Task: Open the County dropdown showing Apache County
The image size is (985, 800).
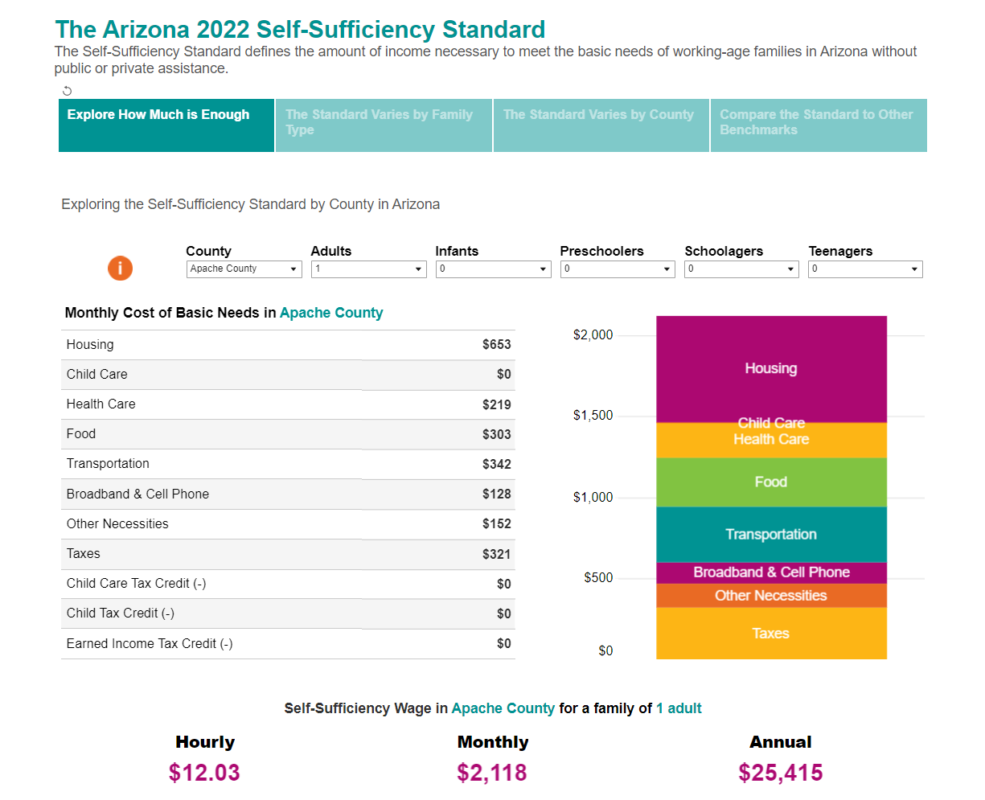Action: (244, 269)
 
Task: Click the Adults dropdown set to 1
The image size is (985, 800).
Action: (368, 269)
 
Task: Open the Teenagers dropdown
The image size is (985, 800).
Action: (865, 269)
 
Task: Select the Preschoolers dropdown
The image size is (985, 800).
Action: (617, 269)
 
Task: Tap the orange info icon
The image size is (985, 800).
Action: (120, 269)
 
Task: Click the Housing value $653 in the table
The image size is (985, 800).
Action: (496, 345)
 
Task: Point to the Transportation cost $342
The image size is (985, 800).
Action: (496, 465)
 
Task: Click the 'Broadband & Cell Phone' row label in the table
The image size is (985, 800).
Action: (137, 494)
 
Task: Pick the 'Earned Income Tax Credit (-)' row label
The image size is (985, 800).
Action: (150, 644)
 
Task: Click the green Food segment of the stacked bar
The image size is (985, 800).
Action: (771, 482)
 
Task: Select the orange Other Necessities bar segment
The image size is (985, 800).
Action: (771, 596)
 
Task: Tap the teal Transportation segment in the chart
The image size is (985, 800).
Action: (771, 535)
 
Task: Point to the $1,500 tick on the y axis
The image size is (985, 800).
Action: (593, 416)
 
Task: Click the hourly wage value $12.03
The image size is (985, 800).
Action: (204, 773)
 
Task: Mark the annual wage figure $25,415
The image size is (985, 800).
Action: (780, 773)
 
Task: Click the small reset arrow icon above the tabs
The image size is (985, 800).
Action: (68, 91)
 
